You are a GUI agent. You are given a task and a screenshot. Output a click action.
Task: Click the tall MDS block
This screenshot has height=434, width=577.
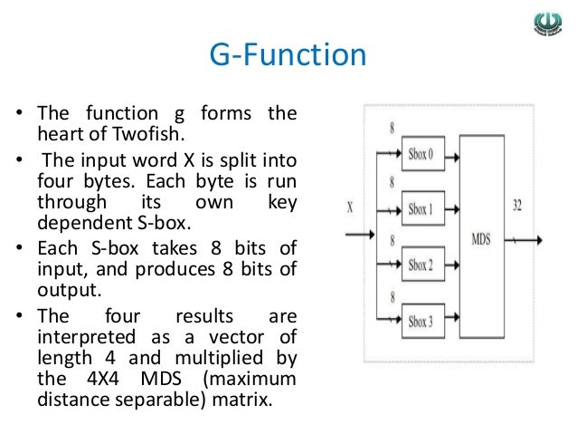pos(481,239)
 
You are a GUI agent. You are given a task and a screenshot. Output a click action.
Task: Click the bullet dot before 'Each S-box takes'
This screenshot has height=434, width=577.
pos(19,249)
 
